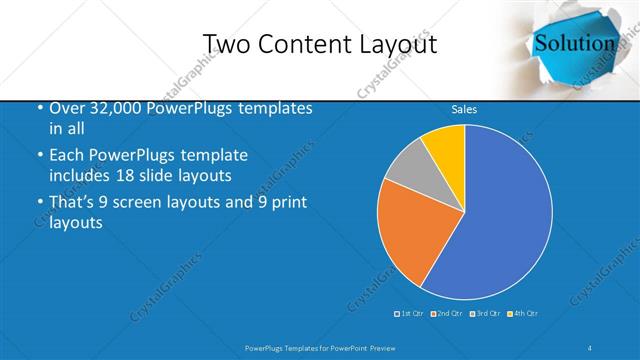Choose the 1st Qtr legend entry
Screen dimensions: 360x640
[409, 314]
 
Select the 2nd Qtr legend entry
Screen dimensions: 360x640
[446, 314]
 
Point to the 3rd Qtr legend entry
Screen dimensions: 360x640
[484, 314]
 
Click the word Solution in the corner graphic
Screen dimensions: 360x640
[575, 43]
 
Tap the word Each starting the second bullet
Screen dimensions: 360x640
[68, 156]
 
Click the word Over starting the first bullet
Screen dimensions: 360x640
[68, 108]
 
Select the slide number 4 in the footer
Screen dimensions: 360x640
[590, 347]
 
